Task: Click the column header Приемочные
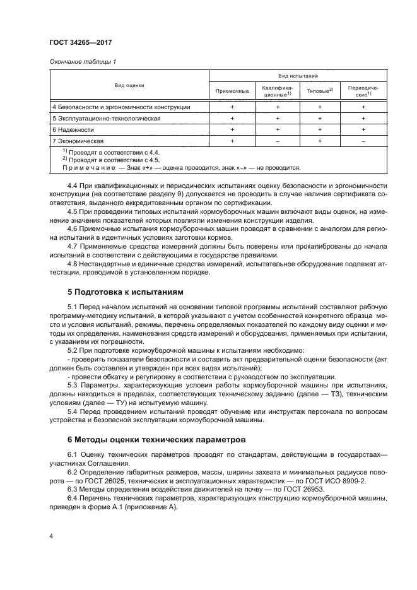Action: coord(232,90)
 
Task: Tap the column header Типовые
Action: coord(319,90)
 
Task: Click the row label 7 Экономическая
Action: coord(78,141)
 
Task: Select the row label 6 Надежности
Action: coord(73,129)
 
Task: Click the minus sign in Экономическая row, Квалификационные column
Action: coord(276,141)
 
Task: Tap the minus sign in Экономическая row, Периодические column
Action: coord(363,141)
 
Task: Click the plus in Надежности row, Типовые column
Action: coord(320,129)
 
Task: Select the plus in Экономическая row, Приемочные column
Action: coord(232,141)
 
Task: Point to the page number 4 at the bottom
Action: coord(50,535)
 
